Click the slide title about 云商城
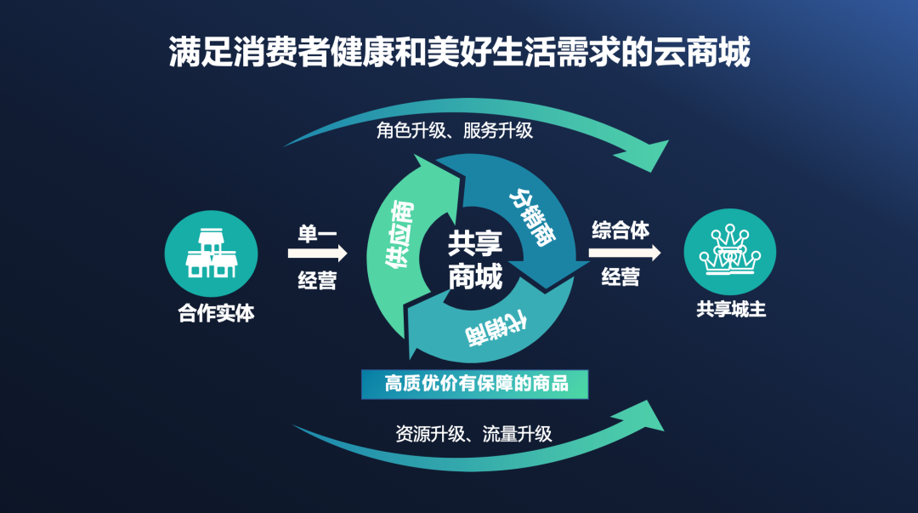460,52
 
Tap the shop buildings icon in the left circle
212,253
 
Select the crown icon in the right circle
729,249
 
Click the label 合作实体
216,313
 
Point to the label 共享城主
731,309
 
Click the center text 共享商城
475,259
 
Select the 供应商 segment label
399,234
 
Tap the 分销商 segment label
532,217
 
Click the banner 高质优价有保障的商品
475,384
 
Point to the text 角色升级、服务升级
454,130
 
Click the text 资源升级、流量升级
473,434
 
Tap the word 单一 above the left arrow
317,233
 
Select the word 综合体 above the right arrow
620,231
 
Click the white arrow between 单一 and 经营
317,254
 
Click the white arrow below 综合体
624,253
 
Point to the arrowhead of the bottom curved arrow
641,416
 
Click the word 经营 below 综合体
620,276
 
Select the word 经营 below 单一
317,280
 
